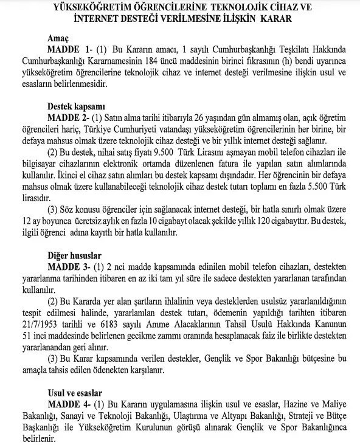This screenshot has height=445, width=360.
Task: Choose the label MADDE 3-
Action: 68,267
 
